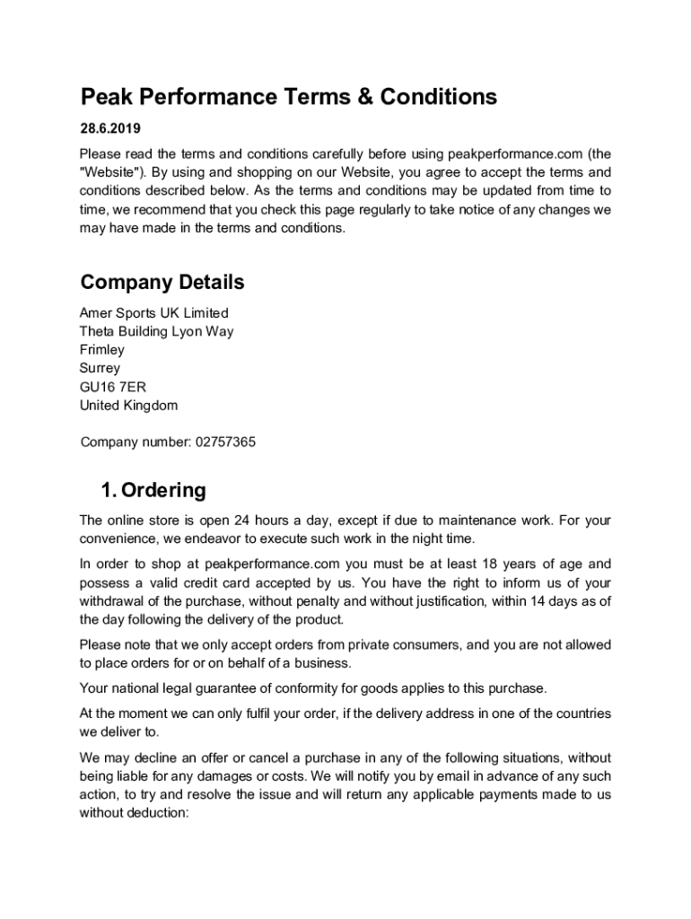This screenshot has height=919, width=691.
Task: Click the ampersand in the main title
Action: (364, 97)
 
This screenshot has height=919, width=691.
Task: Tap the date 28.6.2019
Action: (109, 128)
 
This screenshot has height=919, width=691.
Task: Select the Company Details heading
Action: (162, 283)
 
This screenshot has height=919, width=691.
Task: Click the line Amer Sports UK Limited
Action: (154, 313)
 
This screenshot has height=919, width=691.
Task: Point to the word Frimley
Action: (102, 350)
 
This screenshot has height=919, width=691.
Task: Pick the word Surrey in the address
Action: (100, 368)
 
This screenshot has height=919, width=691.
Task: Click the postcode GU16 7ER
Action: (112, 387)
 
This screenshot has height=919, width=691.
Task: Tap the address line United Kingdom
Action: (128, 405)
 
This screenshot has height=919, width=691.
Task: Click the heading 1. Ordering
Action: (153, 491)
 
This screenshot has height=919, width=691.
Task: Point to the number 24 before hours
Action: (241, 521)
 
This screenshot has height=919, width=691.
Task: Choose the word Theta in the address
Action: (98, 331)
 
